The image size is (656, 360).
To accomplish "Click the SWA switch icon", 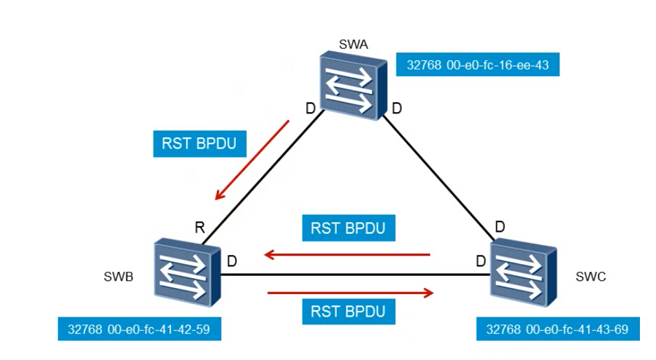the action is [x=354, y=86].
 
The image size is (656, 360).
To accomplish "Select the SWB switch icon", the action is [x=188, y=272].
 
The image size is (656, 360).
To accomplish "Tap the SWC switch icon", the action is [x=524, y=272].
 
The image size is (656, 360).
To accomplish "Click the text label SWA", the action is [x=354, y=44].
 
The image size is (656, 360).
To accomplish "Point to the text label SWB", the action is [x=118, y=277].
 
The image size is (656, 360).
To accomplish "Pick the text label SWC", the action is [x=591, y=277].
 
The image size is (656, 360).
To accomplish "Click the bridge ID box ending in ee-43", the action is [x=477, y=64].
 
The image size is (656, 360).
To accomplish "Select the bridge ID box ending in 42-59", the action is [x=139, y=329].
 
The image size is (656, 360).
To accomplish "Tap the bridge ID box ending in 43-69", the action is [x=558, y=329].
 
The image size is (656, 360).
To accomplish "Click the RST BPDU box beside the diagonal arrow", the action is [x=200, y=144].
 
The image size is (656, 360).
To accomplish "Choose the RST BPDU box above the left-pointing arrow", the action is [x=349, y=228].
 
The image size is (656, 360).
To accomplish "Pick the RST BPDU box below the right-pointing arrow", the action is [x=349, y=312].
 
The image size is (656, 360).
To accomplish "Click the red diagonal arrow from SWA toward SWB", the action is [x=252, y=160].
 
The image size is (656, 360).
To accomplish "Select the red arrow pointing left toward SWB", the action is [x=347, y=254].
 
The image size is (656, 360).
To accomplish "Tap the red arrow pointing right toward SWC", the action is [x=351, y=293].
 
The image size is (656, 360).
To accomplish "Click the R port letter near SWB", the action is [x=200, y=228].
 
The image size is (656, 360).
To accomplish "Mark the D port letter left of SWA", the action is [x=310, y=109].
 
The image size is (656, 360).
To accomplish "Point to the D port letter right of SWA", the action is [x=397, y=109].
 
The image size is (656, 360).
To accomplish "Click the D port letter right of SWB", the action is [x=232, y=261].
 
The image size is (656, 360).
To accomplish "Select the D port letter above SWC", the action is [x=500, y=227].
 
